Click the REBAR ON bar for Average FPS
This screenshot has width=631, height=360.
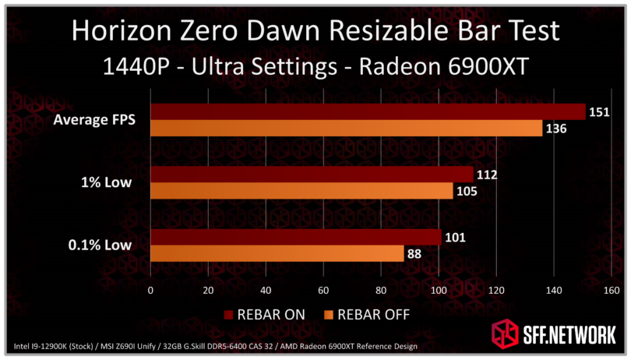(x=367, y=111)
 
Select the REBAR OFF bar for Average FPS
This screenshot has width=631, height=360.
(x=346, y=128)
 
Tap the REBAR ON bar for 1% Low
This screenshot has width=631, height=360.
(x=311, y=175)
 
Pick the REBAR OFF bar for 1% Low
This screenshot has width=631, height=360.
(x=301, y=191)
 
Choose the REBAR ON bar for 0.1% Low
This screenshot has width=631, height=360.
(x=295, y=237)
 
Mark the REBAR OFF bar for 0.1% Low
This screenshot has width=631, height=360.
(x=277, y=253)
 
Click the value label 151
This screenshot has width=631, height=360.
(x=600, y=112)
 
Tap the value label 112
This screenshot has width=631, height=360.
(x=487, y=175)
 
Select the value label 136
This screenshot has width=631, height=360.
(x=556, y=129)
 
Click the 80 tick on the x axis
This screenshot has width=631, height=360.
(x=380, y=291)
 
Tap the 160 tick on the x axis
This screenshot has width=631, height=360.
(x=611, y=291)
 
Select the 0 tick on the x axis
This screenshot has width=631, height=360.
(x=150, y=291)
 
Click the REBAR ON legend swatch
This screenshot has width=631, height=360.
(x=229, y=315)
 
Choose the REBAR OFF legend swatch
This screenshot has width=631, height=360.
(x=328, y=315)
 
